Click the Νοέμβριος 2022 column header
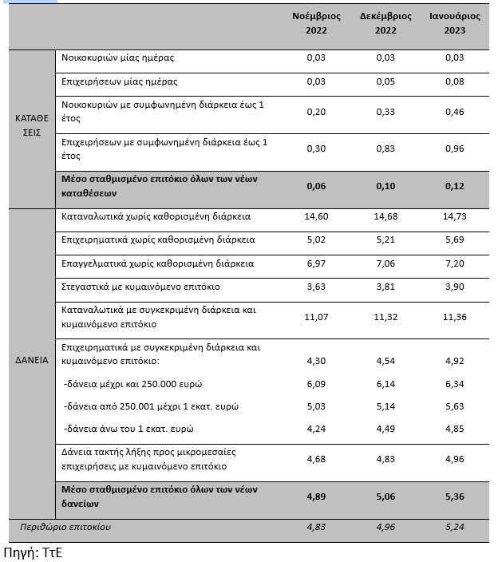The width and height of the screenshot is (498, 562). (x=317, y=22)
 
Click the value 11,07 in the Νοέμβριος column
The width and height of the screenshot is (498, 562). (x=317, y=317)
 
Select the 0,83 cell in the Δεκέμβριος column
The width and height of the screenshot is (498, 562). (x=386, y=148)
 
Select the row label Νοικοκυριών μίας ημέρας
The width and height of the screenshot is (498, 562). (x=117, y=58)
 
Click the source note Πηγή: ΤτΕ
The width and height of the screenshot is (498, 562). (x=33, y=551)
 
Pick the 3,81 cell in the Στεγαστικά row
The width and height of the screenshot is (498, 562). (x=386, y=285)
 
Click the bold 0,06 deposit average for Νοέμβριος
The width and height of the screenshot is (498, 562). (x=317, y=186)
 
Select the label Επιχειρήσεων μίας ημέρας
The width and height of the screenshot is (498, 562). (x=119, y=81)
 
